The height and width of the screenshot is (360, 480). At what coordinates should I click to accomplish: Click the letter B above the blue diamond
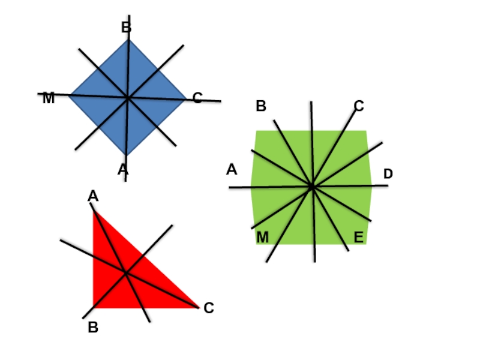click(126, 28)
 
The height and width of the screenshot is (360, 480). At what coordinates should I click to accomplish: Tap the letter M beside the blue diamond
click(49, 99)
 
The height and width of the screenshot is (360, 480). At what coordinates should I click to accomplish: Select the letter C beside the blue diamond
click(197, 98)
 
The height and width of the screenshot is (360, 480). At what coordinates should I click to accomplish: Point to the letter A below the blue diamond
click(122, 170)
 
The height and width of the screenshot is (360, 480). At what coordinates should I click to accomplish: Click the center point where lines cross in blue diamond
click(127, 97)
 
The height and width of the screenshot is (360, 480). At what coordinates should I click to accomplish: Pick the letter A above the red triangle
click(93, 196)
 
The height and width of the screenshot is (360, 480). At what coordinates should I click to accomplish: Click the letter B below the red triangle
click(93, 328)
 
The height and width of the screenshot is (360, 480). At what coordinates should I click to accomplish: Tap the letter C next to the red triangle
click(209, 308)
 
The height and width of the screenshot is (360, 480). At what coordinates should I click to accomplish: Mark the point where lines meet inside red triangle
click(125, 273)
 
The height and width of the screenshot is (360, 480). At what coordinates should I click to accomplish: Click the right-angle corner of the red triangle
click(94, 307)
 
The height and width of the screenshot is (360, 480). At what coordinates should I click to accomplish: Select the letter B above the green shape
click(260, 107)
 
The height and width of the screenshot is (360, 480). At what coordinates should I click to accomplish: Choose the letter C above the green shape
click(359, 107)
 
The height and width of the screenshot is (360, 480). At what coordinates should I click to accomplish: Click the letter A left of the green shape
click(232, 170)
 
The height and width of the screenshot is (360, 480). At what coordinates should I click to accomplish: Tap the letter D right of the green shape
click(388, 174)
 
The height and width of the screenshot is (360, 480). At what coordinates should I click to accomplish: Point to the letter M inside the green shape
click(263, 238)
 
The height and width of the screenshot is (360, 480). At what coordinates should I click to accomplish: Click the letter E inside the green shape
click(358, 238)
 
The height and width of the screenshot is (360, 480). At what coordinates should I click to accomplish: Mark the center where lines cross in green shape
click(312, 187)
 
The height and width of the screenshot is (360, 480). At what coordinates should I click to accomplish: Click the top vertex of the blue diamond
click(128, 40)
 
